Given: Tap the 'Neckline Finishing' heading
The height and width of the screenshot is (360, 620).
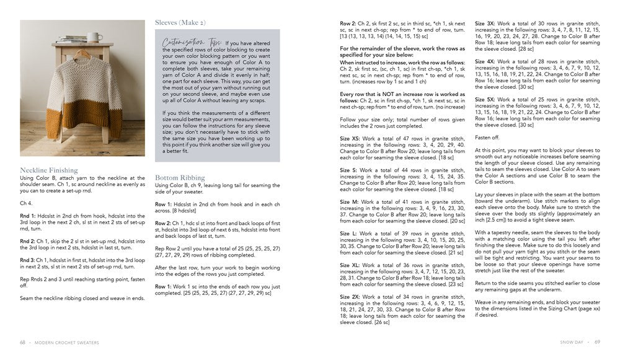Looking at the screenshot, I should pyautogui.click(x=49, y=170).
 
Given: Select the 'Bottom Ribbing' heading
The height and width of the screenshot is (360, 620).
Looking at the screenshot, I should pyautogui.click(x=179, y=177).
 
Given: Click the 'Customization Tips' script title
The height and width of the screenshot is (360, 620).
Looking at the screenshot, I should pyautogui.click(x=184, y=42).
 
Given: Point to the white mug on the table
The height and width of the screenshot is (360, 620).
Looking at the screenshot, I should pyautogui.click(x=94, y=37).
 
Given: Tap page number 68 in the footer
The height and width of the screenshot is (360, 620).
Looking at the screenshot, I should pyautogui.click(x=23, y=341).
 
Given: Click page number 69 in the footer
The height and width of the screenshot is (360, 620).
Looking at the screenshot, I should pyautogui.click(x=597, y=341).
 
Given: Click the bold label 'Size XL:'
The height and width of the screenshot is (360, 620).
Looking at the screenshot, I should pyautogui.click(x=350, y=265).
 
